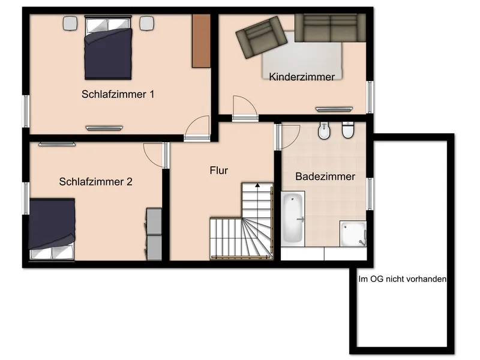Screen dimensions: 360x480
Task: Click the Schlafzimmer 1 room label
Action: click(118, 94)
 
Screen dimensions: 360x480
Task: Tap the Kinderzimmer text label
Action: click(302, 76)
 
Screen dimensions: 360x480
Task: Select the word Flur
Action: click(219, 170)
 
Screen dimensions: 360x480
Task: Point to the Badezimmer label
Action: click(325, 177)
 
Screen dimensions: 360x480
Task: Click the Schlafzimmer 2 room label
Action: click(95, 181)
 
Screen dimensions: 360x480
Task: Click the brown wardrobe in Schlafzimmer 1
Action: click(200, 41)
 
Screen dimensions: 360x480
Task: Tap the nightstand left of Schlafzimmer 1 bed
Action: click(70, 23)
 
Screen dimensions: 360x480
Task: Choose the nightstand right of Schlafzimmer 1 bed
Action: click(146, 23)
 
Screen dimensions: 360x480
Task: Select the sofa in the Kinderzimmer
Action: click(331, 28)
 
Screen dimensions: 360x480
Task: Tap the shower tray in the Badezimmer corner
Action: click(352, 233)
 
